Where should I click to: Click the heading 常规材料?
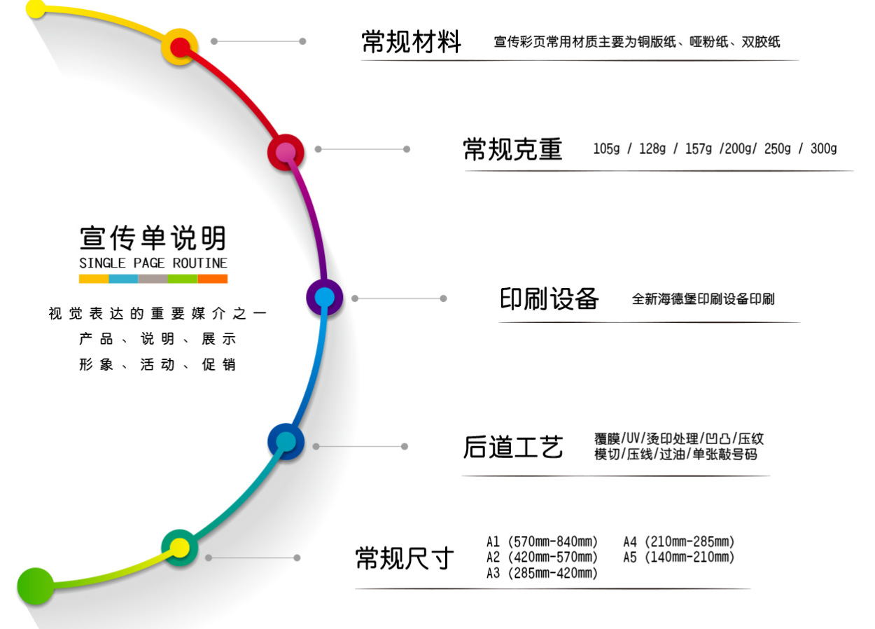[x=411, y=41]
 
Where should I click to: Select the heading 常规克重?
[x=512, y=149]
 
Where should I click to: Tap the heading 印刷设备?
[x=549, y=299]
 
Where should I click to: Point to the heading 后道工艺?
[x=512, y=447]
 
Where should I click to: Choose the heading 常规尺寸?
[x=405, y=558]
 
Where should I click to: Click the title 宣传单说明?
[x=153, y=238]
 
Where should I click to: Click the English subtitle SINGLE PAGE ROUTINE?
[x=153, y=263]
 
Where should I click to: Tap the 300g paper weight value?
[x=823, y=148]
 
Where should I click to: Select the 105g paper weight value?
[x=606, y=148]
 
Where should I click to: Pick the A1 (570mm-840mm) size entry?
[x=542, y=541]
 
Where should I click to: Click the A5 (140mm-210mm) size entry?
[x=679, y=558]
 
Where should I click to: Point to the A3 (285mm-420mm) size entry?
[x=542, y=574]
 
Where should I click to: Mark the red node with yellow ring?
[x=180, y=47]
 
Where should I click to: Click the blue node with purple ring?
[x=324, y=298]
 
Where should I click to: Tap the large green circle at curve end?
[x=35, y=586]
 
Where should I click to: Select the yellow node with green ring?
[x=180, y=548]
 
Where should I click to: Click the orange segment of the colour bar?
[x=213, y=279]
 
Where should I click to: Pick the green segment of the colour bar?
[x=183, y=279]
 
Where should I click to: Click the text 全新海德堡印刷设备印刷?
[x=703, y=299]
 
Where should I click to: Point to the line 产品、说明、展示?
[x=157, y=340]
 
